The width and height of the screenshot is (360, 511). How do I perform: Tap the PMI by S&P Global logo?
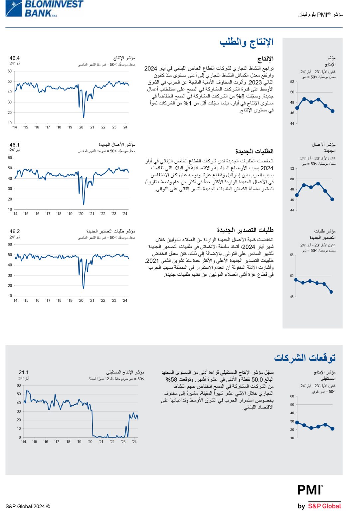pyautogui.click(x=319, y=497)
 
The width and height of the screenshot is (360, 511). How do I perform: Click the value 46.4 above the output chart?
pyautogui.click(x=15, y=58)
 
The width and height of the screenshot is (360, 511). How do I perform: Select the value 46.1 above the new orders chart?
pyautogui.click(x=15, y=145)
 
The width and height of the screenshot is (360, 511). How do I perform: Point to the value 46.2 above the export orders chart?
pyautogui.click(x=15, y=231)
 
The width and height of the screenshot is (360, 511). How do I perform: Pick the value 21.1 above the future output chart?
pyautogui.click(x=24, y=372)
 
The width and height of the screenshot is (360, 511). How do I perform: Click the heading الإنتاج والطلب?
pyautogui.click(x=246, y=42)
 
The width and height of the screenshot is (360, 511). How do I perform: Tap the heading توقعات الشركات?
pyautogui.click(x=304, y=358)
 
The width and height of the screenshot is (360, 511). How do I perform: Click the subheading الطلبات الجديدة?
pyautogui.click(x=254, y=151)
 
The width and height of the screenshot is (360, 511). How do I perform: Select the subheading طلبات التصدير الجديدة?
pyautogui.click(x=245, y=230)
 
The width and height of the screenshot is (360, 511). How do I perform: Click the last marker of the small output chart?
pyautogui.click(x=332, y=111)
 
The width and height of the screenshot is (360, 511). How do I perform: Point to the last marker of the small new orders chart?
pyautogui.click(x=332, y=199)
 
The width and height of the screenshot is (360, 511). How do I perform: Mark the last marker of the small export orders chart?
pyautogui.click(x=331, y=292)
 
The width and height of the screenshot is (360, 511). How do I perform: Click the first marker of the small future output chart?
pyautogui.click(x=297, y=422)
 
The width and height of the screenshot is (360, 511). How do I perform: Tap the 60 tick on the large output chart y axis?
pyautogui.click(x=10, y=71)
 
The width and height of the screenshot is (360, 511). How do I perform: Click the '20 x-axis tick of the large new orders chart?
pyautogui.click(x=81, y=214)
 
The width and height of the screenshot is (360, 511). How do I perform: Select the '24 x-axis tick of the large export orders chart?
pyautogui.click(x=125, y=300)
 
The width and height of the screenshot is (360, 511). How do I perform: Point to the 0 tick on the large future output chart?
pyautogui.click(x=20, y=437)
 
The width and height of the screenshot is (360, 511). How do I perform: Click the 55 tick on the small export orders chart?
pyautogui.click(x=292, y=255)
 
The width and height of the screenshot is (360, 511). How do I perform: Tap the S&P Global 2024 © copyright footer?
pyautogui.click(x=28, y=506)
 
